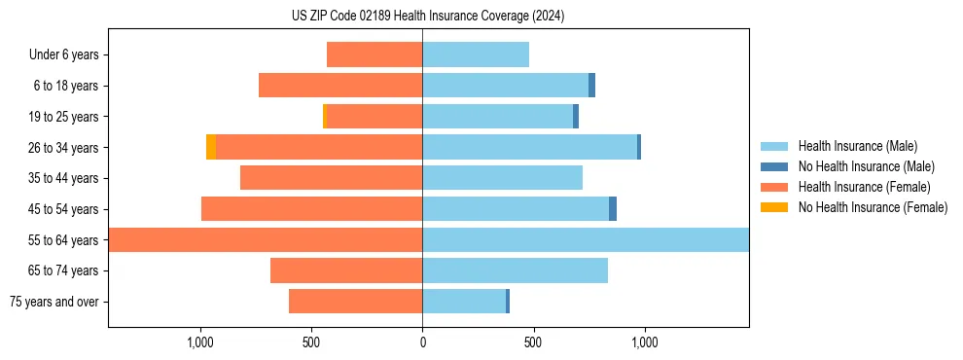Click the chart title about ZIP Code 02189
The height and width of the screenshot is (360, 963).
pos(428,16)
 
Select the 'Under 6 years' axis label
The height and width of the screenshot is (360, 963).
pos(64,55)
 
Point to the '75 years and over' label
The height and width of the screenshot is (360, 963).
pos(54,302)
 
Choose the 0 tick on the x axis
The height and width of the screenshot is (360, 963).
pos(422,342)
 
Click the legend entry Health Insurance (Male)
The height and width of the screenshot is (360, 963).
pos(857,146)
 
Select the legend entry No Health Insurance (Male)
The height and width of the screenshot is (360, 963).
pos(866,166)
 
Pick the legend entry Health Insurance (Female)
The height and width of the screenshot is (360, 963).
pos(865,187)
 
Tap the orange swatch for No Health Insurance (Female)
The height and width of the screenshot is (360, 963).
pos(775,207)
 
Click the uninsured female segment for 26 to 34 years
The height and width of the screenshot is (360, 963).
pos(211,147)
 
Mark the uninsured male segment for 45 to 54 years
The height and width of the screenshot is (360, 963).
pos(613,209)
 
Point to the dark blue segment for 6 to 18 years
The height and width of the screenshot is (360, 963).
pos(591,86)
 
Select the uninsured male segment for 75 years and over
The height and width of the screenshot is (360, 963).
pos(508,302)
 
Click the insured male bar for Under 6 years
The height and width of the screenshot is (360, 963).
pos(476,54)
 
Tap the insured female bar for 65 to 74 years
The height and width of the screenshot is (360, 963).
pos(346,270)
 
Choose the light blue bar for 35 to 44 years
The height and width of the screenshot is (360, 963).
pos(502,178)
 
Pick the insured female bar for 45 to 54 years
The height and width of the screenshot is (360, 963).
pos(311,209)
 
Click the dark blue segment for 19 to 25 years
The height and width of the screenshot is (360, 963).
pos(576,117)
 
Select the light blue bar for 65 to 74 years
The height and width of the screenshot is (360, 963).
pos(515,270)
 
